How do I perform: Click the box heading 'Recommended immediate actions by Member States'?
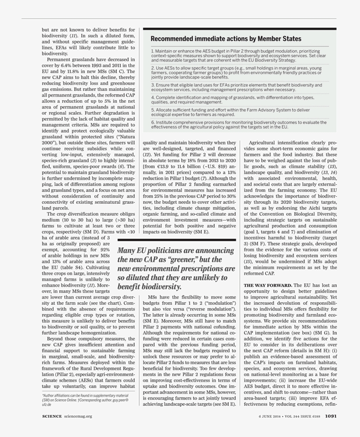click(x=226, y=39)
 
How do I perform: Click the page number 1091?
click(x=331, y=417)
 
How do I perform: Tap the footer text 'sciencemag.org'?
click(x=78, y=417)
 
